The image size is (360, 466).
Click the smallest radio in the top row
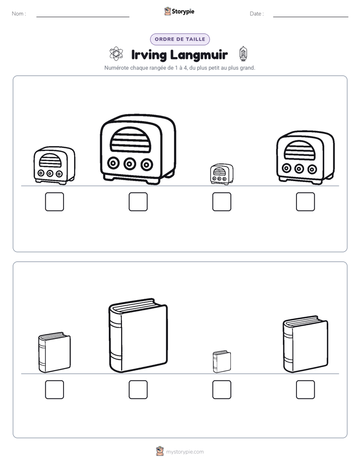(221, 174)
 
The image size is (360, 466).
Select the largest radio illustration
(138, 149)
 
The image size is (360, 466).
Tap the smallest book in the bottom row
(221, 362)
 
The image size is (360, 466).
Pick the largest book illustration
(138, 335)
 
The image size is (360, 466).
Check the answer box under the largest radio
(138, 202)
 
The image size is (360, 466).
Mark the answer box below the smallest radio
(221, 202)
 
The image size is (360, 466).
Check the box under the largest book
(138, 390)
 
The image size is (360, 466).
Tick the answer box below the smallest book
(221, 390)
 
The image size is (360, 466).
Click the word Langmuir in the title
(199, 55)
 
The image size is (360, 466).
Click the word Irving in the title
(149, 55)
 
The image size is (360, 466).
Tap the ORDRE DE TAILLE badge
(180, 39)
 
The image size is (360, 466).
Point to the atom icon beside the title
(116, 53)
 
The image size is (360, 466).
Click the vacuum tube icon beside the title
(243, 54)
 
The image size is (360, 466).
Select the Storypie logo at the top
(179, 12)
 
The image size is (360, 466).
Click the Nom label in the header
(19, 14)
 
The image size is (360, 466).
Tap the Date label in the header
(257, 14)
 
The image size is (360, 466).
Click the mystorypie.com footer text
(185, 452)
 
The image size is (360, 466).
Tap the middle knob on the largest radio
(130, 163)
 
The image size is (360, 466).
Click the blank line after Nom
(83, 17)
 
